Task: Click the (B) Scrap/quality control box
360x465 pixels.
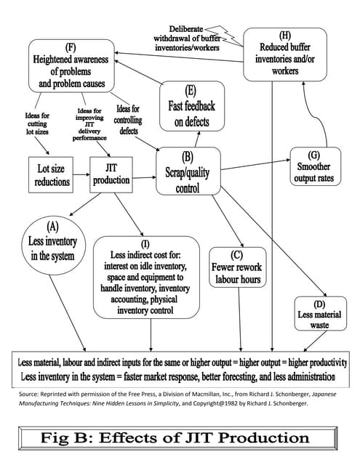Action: point(188,171)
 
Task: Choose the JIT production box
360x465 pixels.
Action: point(111,173)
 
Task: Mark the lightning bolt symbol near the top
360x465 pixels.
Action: point(231,33)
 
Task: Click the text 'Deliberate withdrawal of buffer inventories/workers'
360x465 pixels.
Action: point(187,32)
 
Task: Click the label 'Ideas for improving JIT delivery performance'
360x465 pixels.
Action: point(89,124)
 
